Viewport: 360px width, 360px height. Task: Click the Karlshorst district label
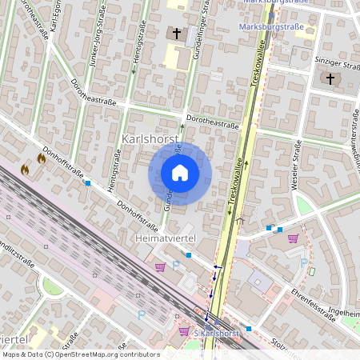point(149,139)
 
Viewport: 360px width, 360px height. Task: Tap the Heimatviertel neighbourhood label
point(165,239)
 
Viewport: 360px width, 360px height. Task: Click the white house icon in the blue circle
point(180,173)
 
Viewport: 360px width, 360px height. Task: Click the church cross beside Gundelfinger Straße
point(177,34)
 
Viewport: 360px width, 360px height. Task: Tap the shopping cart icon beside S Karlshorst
point(185,331)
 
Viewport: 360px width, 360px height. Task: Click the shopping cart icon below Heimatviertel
point(160,267)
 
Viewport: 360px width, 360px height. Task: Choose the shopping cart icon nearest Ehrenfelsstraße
point(294,238)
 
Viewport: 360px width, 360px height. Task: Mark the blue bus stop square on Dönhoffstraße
point(88,183)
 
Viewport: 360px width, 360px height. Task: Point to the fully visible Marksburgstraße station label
point(273,26)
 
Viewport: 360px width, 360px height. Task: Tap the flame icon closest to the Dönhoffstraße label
point(42,159)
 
